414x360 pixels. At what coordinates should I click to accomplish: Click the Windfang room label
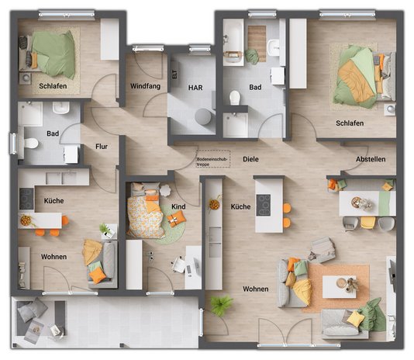point(145,86)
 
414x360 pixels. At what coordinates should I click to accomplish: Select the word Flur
point(101,146)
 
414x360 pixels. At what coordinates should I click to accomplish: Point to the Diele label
point(250,158)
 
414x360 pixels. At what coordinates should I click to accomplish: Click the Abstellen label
point(370,159)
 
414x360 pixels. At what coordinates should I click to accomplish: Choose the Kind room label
point(178,206)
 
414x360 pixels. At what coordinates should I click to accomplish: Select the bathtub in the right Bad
point(233,41)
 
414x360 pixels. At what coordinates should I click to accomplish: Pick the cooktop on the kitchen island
point(264,204)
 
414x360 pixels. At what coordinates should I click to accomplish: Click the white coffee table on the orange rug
point(339,286)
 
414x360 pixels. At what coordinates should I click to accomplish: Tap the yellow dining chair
point(367,223)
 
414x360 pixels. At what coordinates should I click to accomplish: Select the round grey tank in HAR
point(202,116)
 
